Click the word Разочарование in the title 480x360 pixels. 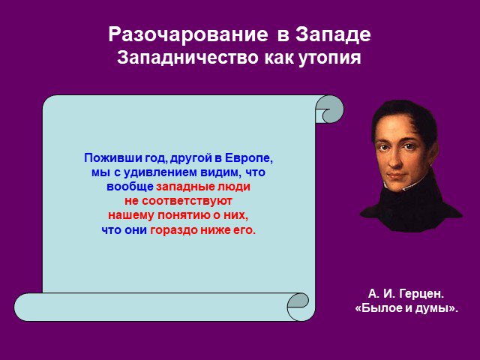coord(188,34)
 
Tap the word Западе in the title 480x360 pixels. coord(333,35)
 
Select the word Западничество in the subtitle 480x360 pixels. coord(187,57)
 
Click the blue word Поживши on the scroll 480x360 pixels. coord(106,158)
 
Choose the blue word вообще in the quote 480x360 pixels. coord(130,187)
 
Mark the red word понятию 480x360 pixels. coord(184,215)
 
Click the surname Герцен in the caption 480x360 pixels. coord(421,294)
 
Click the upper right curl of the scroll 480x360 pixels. coord(330,109)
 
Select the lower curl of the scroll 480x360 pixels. coord(298,307)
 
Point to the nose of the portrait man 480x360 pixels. coord(395,160)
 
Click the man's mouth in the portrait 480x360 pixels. coord(396,175)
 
